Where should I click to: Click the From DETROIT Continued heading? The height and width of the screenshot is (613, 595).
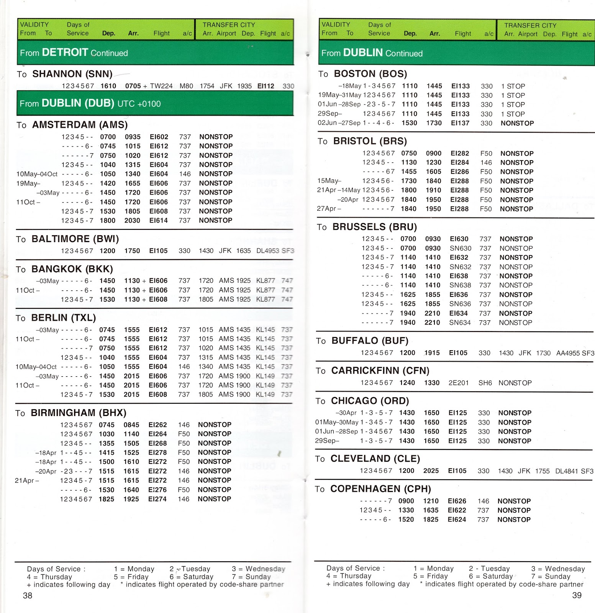74,52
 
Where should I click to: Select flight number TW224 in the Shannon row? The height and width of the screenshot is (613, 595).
161,86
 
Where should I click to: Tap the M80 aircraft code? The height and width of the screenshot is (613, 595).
186,86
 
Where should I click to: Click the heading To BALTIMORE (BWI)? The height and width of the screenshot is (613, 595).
67,239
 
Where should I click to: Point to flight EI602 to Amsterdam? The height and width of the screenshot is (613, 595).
159,137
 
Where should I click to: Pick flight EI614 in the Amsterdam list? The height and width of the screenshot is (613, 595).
159,220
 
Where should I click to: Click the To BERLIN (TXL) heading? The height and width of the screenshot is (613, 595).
56,318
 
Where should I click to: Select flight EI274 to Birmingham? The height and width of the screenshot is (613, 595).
157,499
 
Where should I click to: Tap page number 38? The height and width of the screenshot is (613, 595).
28,595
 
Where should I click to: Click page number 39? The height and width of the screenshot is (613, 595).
577,595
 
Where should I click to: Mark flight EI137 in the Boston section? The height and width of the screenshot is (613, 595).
460,123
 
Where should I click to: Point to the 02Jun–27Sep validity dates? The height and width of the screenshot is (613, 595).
339,123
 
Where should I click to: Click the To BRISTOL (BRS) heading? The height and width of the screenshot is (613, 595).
362,141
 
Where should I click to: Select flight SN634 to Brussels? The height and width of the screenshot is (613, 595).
460,323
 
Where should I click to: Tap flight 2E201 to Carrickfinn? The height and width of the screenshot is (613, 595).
459,383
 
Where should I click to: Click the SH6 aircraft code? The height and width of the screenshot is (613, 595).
485,383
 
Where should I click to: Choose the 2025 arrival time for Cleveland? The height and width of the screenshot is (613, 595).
431,470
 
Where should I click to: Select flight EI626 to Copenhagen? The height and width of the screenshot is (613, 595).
457,501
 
